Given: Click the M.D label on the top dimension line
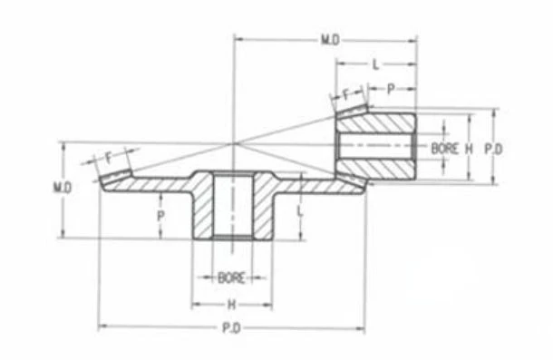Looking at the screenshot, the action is (x=330, y=40).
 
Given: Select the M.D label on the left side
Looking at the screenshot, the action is (x=63, y=188).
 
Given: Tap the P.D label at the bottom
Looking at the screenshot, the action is (x=231, y=328).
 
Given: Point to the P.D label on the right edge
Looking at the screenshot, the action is (x=493, y=149).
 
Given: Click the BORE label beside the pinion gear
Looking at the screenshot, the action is (x=445, y=149).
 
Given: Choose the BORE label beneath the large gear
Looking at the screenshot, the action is (x=231, y=278).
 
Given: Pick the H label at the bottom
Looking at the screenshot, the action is (x=231, y=305).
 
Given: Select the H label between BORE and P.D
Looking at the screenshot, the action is (x=469, y=149).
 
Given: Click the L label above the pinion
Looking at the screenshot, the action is (x=375, y=64).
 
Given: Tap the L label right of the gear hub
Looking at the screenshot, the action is (x=300, y=211).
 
